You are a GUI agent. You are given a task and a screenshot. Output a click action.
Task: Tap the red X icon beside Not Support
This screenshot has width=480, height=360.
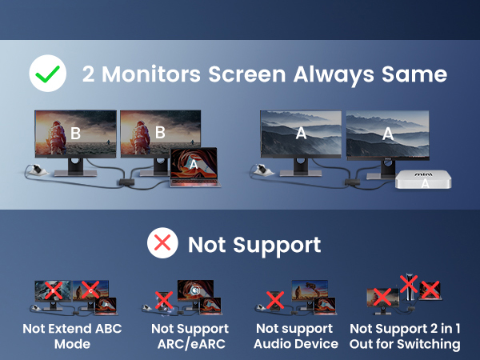(x=163, y=244)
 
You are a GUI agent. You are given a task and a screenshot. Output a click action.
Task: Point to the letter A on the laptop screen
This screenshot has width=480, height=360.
(x=193, y=163)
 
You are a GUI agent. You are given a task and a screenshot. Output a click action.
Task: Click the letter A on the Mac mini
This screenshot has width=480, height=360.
(x=425, y=183)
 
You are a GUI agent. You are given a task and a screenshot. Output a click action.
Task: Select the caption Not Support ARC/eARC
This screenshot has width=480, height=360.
(x=190, y=336)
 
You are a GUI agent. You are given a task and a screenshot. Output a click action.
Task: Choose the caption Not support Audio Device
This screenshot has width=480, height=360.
(x=296, y=336)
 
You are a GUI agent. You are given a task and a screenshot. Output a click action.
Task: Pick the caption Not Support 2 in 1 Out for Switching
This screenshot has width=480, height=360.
(x=405, y=336)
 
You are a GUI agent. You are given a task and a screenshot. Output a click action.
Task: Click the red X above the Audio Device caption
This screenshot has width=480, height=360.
(x=275, y=300)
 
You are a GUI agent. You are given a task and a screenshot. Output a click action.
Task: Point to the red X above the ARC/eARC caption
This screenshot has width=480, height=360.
(x=163, y=300)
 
